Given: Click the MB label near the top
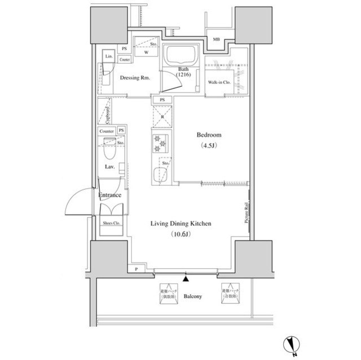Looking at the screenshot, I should coord(217,39).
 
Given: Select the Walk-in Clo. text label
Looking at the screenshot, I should coord(217,83).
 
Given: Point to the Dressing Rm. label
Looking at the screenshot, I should coord(135,78).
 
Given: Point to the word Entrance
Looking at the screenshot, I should coord(110,195).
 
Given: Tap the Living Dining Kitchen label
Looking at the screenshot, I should coord(180,224).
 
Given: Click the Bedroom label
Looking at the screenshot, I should coord(208,135).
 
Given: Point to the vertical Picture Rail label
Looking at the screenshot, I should coord(246,214).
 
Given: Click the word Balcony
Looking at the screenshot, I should coord(193,296).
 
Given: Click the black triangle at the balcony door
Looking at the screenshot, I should coord(186,277).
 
